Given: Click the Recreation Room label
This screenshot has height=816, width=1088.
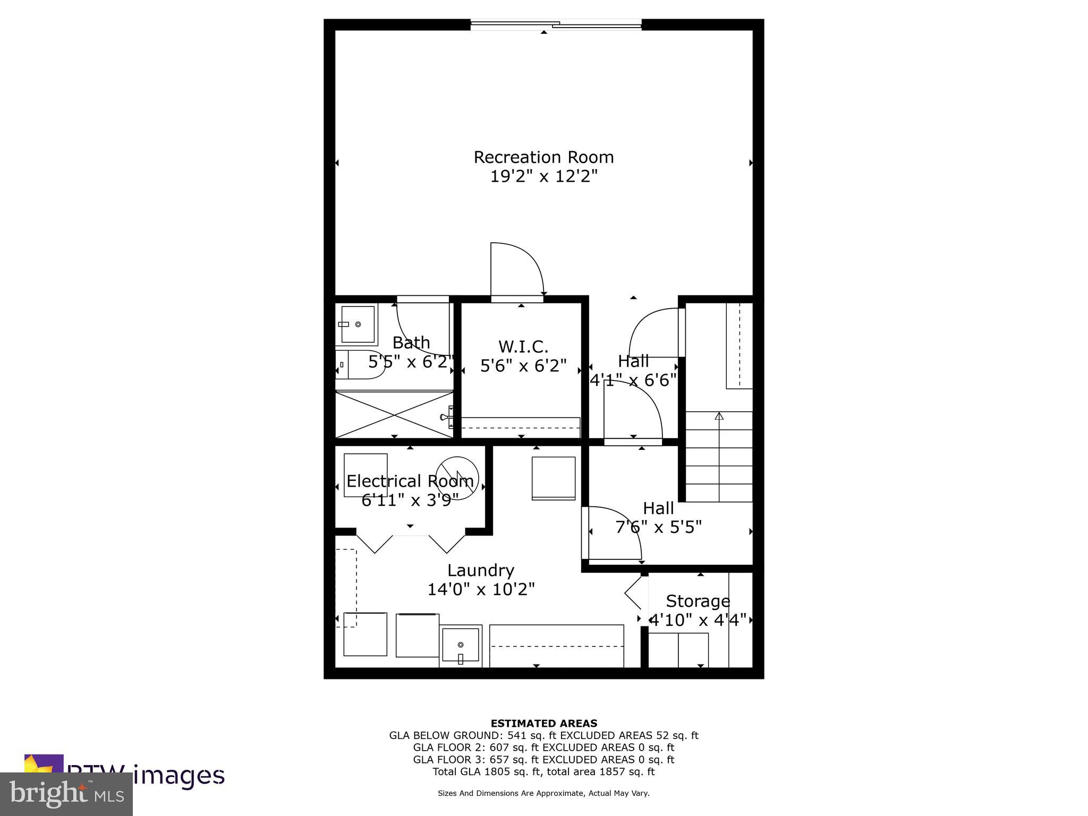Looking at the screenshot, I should point(543,157).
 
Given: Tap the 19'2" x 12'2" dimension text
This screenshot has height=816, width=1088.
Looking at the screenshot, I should point(543,176).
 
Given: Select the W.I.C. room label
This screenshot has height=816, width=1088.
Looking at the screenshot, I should point(523,347).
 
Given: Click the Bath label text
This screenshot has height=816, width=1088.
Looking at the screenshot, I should point(411,343).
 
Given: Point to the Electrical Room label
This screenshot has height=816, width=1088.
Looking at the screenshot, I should point(410,481).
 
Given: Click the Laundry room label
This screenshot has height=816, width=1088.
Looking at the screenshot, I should point(480,571).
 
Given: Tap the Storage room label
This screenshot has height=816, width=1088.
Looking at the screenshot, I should point(698,601).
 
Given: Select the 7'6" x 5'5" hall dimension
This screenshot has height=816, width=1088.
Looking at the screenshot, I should point(658,527).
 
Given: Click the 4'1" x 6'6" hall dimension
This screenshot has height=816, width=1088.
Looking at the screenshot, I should point(633,380).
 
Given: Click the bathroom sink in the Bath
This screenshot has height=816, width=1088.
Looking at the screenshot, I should point(357,324).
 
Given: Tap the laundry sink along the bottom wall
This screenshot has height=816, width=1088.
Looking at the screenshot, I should point(460,645).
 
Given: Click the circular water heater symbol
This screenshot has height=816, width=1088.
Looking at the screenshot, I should point(457,478).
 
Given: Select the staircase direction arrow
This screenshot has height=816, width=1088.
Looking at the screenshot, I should point(719,416).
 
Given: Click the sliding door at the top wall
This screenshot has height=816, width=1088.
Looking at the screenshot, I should point(556,24).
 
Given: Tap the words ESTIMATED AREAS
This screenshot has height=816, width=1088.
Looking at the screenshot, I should point(543,723).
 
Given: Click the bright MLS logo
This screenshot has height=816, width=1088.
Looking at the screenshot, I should point(66,794).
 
